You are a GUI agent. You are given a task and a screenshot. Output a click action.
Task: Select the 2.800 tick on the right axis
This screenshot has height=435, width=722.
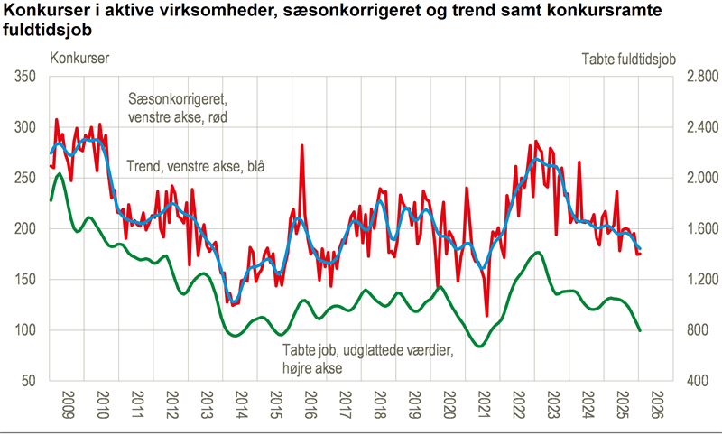700,78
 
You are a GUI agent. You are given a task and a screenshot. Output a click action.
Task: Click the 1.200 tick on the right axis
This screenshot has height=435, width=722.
700,280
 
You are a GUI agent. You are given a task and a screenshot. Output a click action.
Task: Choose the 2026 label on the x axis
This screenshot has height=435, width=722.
656,403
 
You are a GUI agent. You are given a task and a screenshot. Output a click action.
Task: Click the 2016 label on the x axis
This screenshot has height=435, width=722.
310,403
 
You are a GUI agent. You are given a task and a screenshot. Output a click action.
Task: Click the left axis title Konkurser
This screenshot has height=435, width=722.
80,60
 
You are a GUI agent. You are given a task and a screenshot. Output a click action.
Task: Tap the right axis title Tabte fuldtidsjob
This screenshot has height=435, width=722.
628,60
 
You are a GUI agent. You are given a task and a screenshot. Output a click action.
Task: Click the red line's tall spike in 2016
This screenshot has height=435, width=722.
301,145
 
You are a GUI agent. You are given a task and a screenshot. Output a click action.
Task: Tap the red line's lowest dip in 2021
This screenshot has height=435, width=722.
486,316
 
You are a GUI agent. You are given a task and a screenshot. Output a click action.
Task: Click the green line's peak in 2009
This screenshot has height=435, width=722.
60,173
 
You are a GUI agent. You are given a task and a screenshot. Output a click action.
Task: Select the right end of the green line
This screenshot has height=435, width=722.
640,330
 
